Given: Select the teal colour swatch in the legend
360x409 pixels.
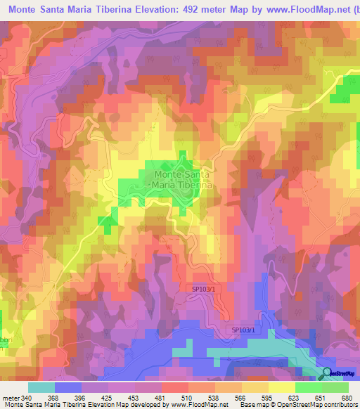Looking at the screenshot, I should coord(41,387).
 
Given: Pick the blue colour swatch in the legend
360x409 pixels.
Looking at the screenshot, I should coord(68,387).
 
